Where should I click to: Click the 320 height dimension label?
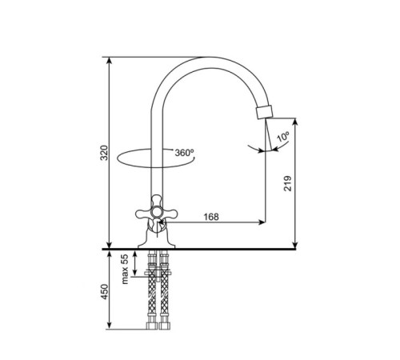click(x=104, y=153)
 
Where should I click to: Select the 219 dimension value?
click(x=287, y=183)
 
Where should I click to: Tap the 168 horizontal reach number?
click(x=211, y=217)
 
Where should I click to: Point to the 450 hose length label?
click(x=104, y=292)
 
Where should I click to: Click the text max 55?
click(x=125, y=269)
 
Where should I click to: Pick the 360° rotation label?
click(x=184, y=153)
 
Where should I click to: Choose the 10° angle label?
click(x=283, y=136)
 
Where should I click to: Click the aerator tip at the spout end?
click(x=264, y=112)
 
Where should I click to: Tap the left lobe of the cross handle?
click(x=142, y=213)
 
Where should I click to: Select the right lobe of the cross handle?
click(x=170, y=213)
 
